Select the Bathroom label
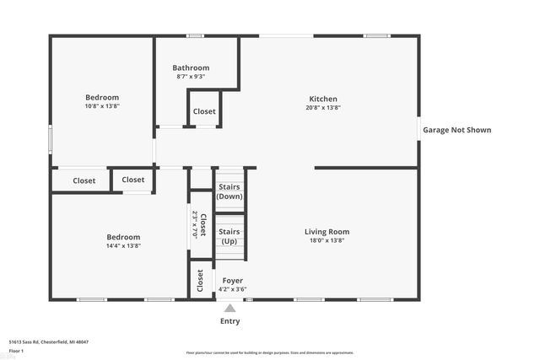point(191,68)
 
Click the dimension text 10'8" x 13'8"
point(102,106)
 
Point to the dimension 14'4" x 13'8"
point(123,246)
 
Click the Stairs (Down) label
point(229,191)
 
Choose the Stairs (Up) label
point(229,236)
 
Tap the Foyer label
point(232,281)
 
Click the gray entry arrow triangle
point(229,309)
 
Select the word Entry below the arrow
point(229,321)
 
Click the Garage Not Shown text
point(456,130)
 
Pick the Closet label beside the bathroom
point(204,111)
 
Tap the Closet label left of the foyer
point(201,281)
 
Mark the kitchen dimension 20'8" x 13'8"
point(322,108)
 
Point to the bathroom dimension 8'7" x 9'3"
point(191,77)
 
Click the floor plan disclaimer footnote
point(270,353)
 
